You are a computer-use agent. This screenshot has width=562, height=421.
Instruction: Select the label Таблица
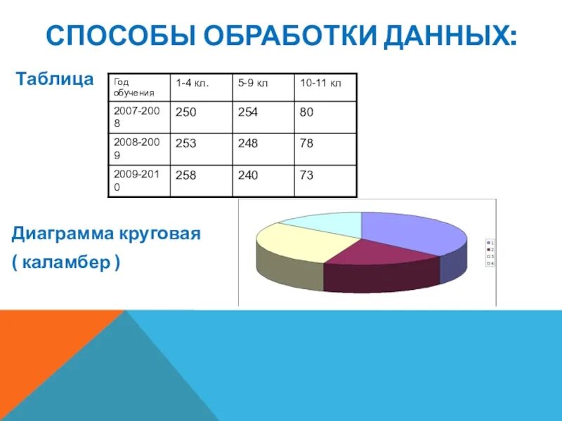coord(55,79)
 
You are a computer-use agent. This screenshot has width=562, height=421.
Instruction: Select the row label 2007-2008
coord(138,116)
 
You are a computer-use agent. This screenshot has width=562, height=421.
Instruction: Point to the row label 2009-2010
coord(138,180)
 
